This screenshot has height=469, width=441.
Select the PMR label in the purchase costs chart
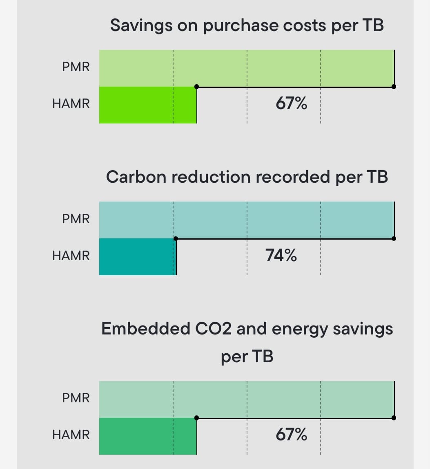(x=76, y=67)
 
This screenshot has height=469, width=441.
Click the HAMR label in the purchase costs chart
(x=71, y=103)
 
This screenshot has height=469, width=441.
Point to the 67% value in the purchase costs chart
(x=291, y=103)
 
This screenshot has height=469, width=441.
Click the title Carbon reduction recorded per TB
(x=247, y=177)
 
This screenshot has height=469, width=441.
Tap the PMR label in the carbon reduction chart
(x=76, y=219)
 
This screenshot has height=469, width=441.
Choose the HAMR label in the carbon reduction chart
(x=71, y=256)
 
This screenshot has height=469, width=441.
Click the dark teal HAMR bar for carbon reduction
(x=137, y=257)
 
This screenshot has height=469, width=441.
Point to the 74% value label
(x=281, y=256)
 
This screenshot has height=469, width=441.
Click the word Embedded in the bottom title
(x=145, y=328)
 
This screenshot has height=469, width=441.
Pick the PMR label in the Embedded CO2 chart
(x=76, y=397)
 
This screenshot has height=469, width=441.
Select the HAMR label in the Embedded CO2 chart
(x=71, y=434)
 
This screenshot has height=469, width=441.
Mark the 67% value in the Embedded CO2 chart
(x=291, y=434)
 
